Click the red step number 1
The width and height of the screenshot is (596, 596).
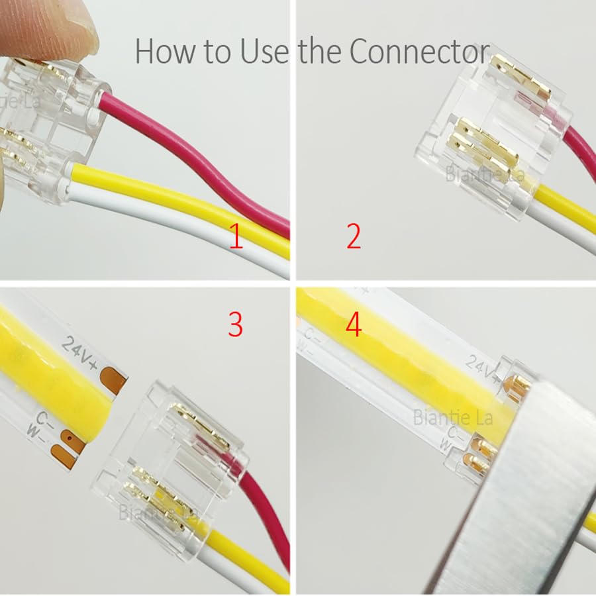[x=236, y=237]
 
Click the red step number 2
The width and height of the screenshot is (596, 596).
[x=354, y=237]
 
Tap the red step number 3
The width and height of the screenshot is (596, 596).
[x=235, y=324]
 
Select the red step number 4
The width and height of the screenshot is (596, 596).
[x=354, y=324]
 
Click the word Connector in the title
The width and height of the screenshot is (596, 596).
[x=419, y=51]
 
